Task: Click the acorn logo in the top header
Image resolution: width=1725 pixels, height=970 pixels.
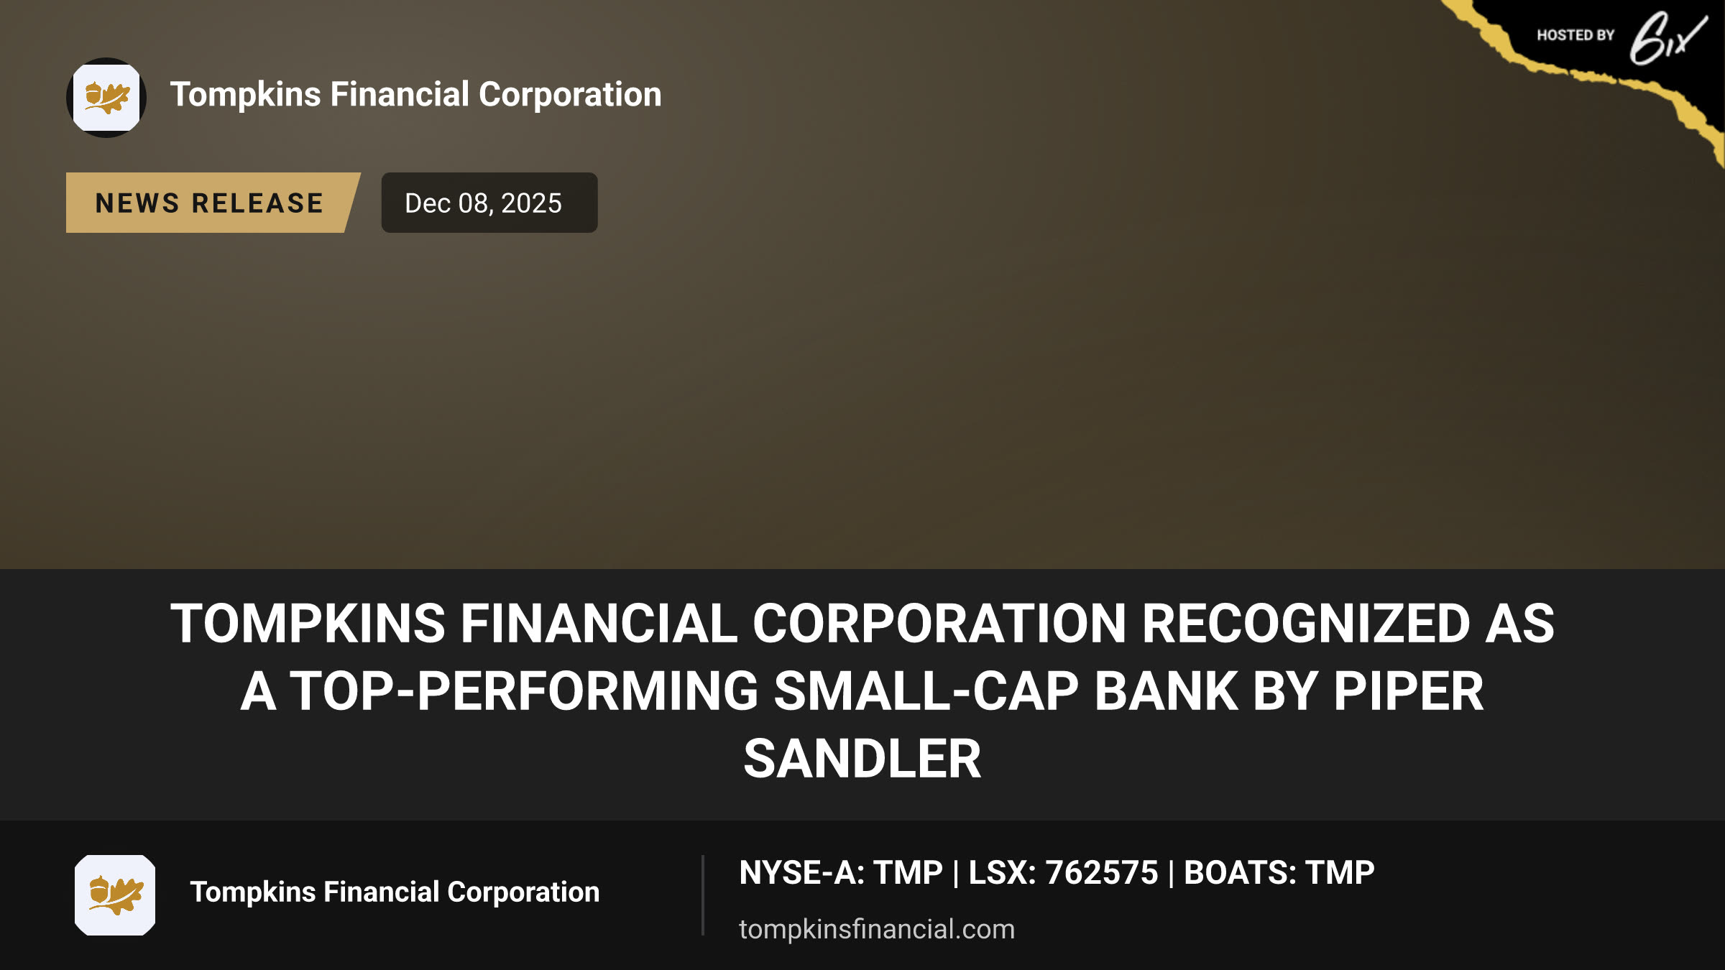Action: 106,98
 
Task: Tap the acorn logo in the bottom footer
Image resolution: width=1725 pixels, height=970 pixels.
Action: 115,895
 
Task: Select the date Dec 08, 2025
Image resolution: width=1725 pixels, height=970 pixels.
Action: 483,203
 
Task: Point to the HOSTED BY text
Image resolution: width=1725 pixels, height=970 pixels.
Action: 1575,35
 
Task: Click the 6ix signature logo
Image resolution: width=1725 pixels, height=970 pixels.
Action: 1668,39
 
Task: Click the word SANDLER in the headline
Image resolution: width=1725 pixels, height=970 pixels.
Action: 862,759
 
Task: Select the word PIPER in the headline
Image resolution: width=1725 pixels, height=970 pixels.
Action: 1409,691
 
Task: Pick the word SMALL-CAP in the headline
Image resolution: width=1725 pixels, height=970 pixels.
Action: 926,691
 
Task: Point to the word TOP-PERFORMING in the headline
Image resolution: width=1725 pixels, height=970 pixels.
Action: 525,691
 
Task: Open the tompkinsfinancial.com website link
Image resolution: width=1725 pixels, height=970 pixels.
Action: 877,929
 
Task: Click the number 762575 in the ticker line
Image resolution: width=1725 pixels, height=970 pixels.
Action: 1102,873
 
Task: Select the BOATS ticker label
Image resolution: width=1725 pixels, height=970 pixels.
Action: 1241,873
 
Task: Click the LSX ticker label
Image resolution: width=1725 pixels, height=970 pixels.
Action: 1003,873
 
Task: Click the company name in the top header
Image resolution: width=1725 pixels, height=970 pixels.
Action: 415,95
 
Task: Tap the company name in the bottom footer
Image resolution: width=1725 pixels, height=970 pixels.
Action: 395,892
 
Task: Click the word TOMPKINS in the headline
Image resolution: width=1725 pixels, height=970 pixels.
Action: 308,624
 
